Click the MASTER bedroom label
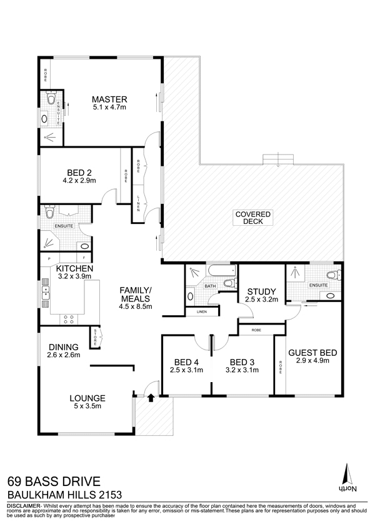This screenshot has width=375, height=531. click(109, 99)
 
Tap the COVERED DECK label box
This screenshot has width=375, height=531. click(253, 218)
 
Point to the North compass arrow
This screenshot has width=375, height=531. click(347, 473)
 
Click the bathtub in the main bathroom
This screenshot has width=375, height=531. click(222, 270)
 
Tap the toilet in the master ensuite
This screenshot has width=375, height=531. click(51, 98)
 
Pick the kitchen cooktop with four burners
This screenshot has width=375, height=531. click(69, 320)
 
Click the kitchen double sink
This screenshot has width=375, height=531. click(46, 293)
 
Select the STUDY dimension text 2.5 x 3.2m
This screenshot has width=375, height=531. click(262, 300)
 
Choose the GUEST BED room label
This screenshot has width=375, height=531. click(312, 353)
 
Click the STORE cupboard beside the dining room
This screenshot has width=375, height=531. click(95, 337)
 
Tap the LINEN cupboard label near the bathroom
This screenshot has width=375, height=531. click(202, 311)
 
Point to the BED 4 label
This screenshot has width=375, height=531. click(186, 362)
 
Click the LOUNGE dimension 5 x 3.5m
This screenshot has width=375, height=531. click(87, 406)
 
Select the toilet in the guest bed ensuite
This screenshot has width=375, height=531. click(333, 275)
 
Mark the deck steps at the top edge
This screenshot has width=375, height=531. click(278, 159)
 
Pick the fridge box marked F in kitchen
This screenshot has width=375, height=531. click(84, 258)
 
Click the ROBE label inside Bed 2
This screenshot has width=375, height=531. click(126, 176)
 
